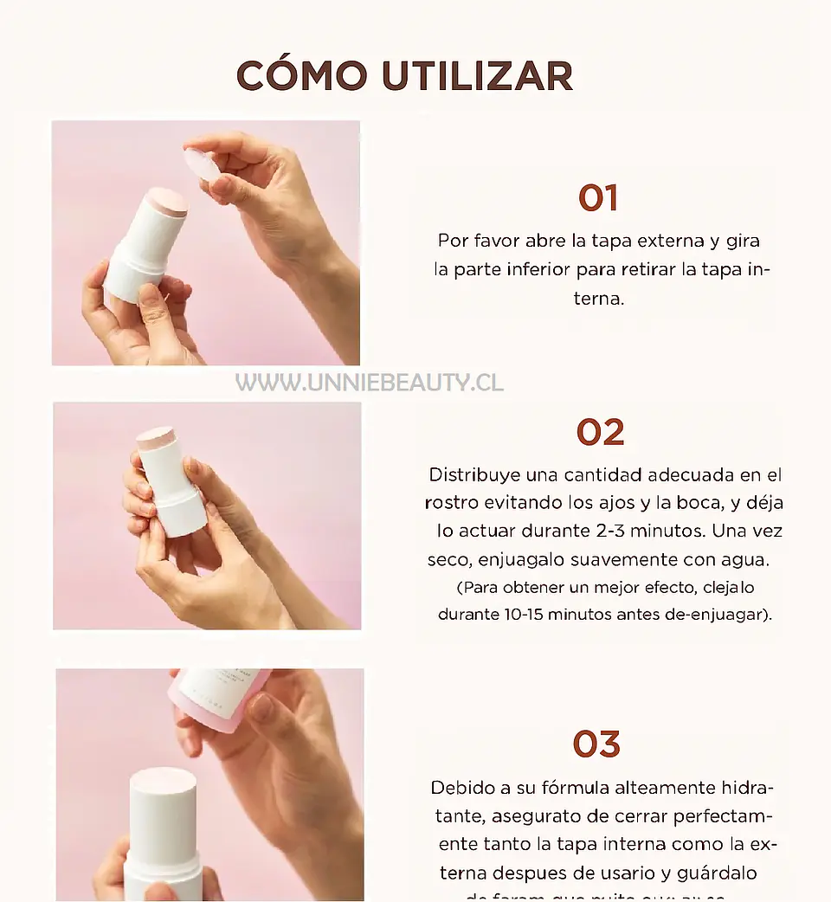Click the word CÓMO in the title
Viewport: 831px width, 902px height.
pyautogui.click(x=302, y=76)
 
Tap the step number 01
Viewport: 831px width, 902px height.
pyautogui.click(x=598, y=199)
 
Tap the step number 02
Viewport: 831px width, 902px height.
pyautogui.click(x=600, y=433)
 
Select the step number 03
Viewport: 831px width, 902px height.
pyautogui.click(x=596, y=744)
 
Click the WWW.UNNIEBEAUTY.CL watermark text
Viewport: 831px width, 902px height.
pyautogui.click(x=370, y=383)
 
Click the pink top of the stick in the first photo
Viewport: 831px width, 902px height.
pyautogui.click(x=165, y=200)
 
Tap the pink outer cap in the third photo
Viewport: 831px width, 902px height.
pyautogui.click(x=221, y=697)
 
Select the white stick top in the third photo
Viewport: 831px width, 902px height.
pyautogui.click(x=163, y=783)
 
